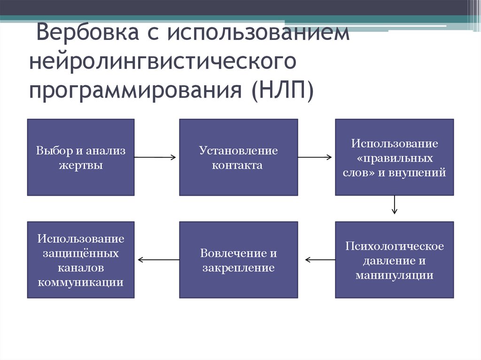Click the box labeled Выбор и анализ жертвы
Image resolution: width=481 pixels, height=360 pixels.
click(81, 157)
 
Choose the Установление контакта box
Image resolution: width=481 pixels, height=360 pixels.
click(238, 157)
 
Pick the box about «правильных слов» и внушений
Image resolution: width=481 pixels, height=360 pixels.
click(394, 157)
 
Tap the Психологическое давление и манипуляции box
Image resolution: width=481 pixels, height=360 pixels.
click(394, 260)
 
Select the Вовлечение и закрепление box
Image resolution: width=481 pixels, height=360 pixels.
click(238, 260)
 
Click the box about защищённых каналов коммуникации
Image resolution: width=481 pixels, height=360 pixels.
click(81, 260)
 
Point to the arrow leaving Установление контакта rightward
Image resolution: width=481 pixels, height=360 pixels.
click(316, 157)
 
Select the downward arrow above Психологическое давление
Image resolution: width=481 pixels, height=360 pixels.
click(395, 205)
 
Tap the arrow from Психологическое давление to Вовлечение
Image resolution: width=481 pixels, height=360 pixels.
click(320, 259)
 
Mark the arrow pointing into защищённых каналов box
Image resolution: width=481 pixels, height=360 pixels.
click(158, 259)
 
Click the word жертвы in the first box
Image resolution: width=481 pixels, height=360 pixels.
click(81, 165)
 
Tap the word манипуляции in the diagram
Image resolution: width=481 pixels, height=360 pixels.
click(394, 275)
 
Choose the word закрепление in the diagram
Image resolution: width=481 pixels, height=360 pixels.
click(238, 268)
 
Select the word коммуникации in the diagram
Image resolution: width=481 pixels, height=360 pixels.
click(81, 283)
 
